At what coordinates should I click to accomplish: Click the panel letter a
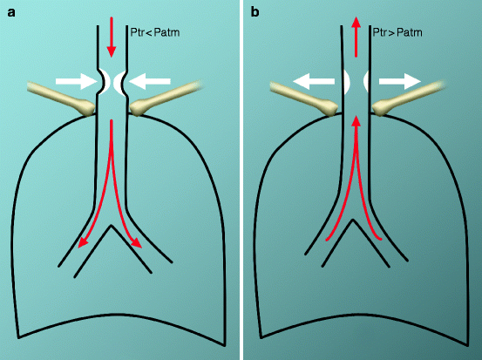[11, 12]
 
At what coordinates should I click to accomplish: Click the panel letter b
[255, 12]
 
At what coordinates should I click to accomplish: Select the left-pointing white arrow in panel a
[151, 81]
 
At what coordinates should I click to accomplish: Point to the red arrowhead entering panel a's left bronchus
[81, 243]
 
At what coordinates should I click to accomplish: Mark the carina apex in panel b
[354, 219]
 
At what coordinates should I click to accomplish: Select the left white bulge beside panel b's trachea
[343, 82]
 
